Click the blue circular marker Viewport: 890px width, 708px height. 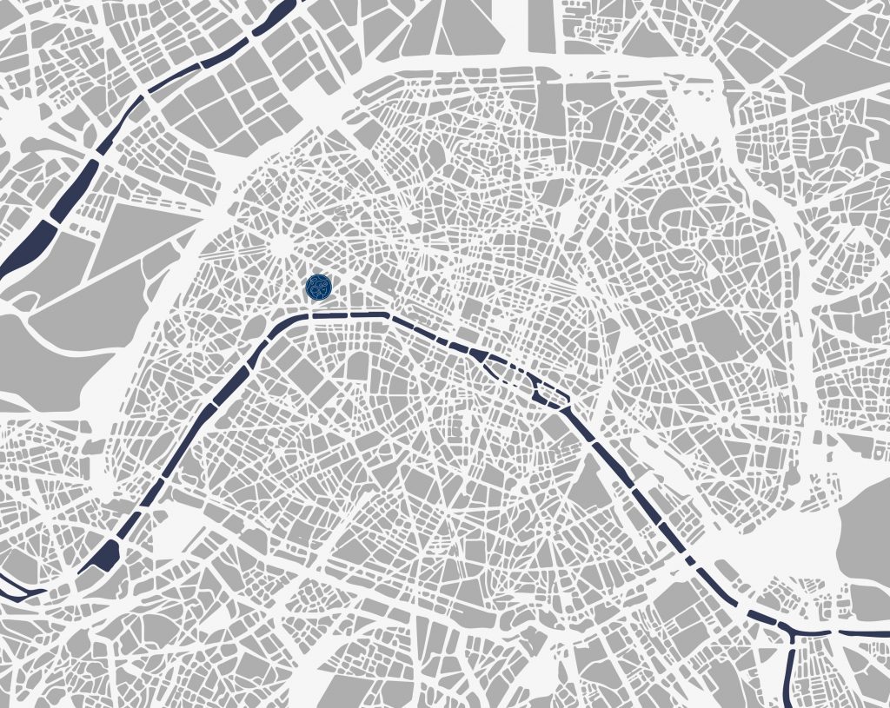[319, 287]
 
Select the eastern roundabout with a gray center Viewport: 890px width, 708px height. [723, 419]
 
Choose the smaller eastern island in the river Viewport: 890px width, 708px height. [553, 395]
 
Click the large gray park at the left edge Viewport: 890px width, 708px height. [43, 356]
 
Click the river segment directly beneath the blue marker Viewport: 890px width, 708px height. [319, 315]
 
